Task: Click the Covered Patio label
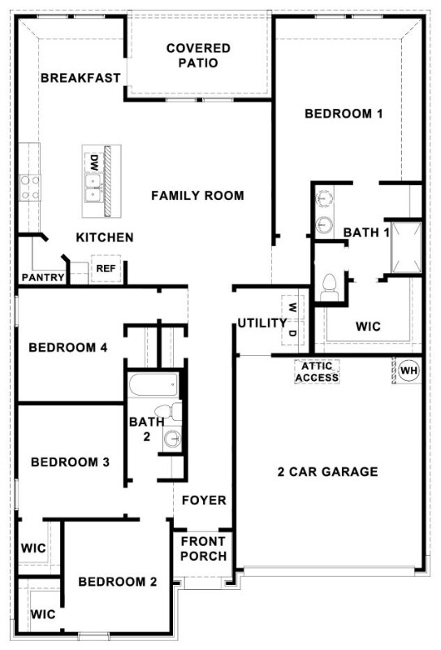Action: (x=198, y=55)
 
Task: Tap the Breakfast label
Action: (x=80, y=78)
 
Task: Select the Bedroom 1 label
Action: (x=343, y=114)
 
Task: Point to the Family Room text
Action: (x=197, y=196)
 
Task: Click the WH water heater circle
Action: (x=409, y=370)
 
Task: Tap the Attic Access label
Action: (x=317, y=372)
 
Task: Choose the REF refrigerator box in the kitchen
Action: (x=106, y=268)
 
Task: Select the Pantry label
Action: (x=43, y=278)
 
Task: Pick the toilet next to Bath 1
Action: (x=330, y=284)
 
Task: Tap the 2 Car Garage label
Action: (x=327, y=472)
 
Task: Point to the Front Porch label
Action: (x=204, y=548)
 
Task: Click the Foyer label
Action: (x=204, y=500)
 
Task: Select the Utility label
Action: (x=262, y=323)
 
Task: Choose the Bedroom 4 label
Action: (x=68, y=349)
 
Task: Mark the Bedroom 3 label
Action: (x=71, y=462)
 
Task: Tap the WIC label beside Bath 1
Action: (x=369, y=327)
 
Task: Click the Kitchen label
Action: (x=105, y=237)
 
